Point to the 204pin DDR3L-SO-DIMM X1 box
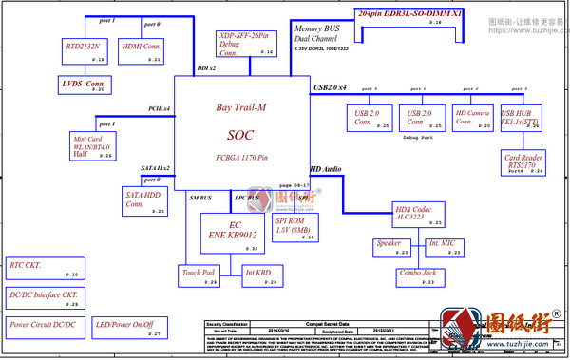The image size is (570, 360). [x=424, y=17]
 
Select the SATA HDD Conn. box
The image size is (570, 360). [x=145, y=200]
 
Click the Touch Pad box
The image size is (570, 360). [x=199, y=276]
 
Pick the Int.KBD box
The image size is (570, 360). [x=258, y=276]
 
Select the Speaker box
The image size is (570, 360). [x=389, y=247]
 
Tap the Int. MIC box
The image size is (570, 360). [x=441, y=247]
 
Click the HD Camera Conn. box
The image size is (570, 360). [x=472, y=117]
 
